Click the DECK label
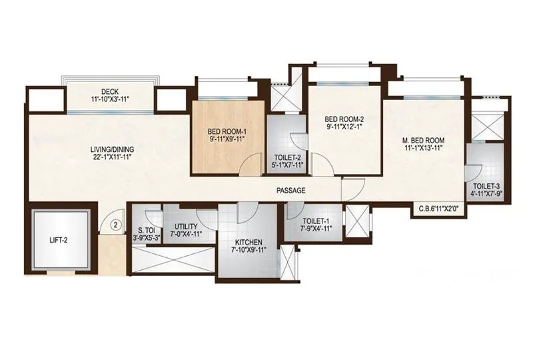[111, 91]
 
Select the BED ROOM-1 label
[227, 131]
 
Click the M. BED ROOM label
[424, 141]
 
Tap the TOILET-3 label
[487, 186]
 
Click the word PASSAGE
[291, 191]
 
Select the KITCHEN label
[248, 242]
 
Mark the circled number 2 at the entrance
[116, 225]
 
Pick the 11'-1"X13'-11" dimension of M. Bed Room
[424, 150]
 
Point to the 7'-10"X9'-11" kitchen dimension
[248, 251]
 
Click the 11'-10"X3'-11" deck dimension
[111, 99]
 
